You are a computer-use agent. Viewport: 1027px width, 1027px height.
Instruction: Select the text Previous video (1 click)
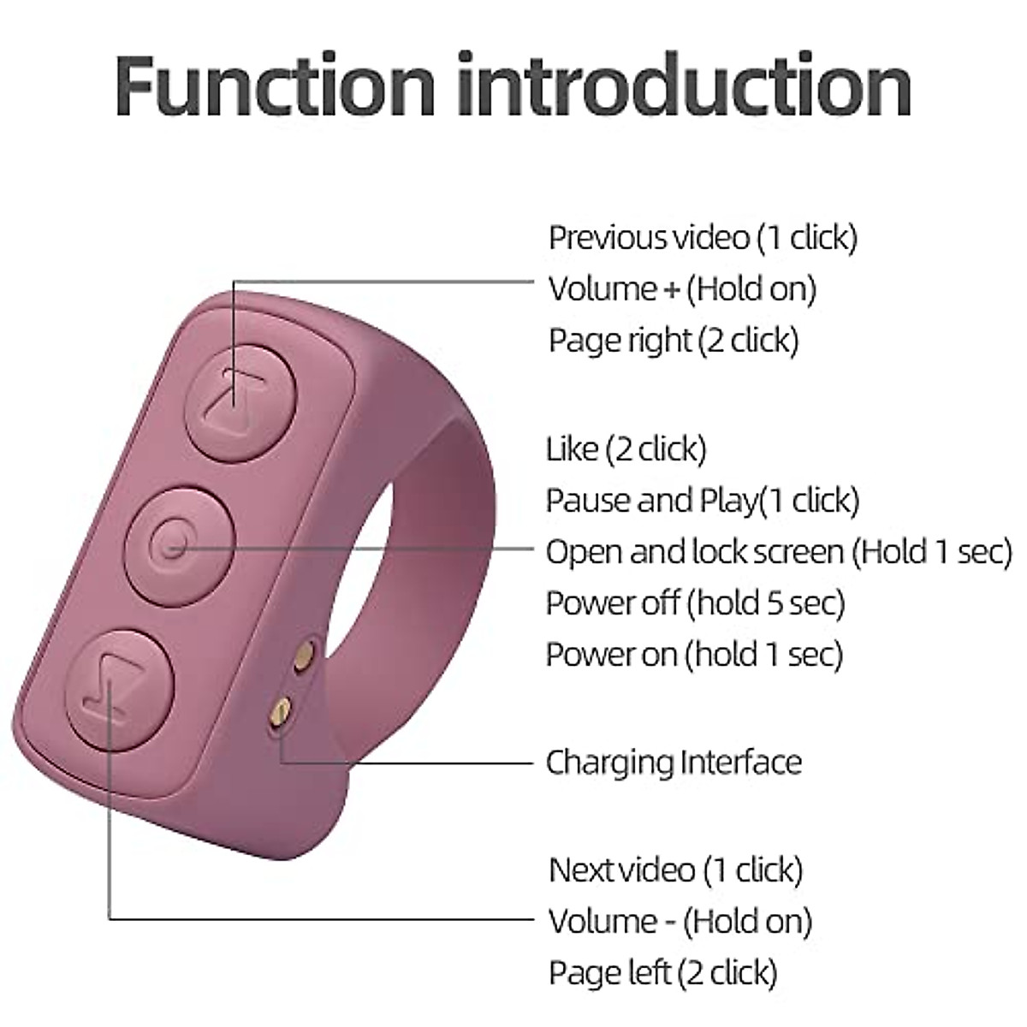tap(703, 237)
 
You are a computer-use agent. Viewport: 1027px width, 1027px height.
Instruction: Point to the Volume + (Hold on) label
tap(682, 288)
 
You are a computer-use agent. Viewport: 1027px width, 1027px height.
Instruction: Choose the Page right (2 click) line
tap(674, 341)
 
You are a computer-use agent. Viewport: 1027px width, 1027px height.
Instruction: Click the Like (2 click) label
tap(626, 448)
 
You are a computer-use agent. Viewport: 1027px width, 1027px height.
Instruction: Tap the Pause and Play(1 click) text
tap(703, 500)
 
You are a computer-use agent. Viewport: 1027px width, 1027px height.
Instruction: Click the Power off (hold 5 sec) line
tap(695, 603)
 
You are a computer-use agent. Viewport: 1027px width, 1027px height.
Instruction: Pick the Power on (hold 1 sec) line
tap(694, 655)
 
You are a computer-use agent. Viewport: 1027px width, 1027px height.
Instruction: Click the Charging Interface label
tap(674, 762)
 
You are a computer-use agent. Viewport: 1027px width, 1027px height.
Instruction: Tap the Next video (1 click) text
tap(675, 870)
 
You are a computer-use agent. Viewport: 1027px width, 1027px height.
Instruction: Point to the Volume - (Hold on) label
tap(680, 922)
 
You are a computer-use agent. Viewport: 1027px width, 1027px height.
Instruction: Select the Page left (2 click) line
tap(663, 973)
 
